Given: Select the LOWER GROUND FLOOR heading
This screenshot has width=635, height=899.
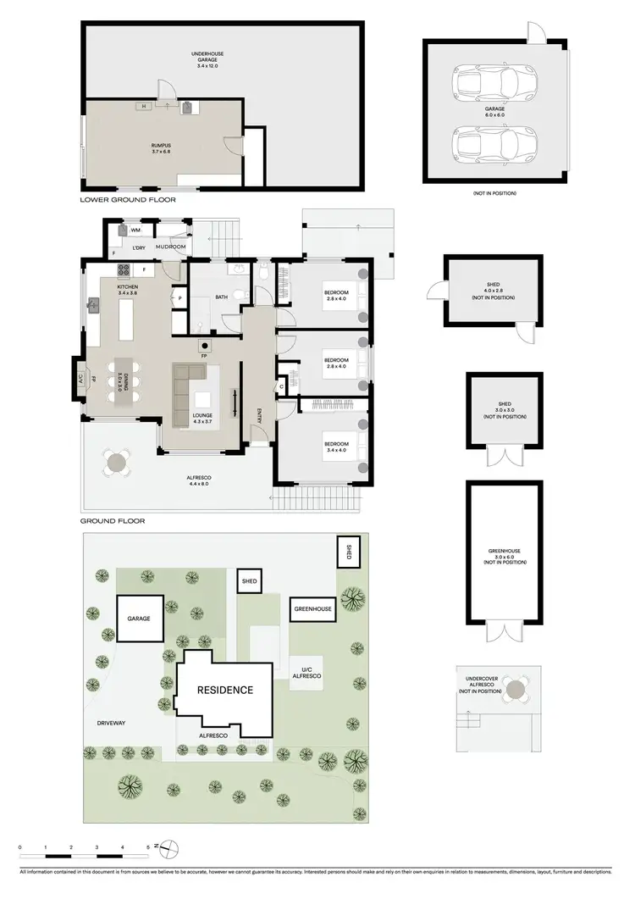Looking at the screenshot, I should pyautogui.click(x=128, y=201).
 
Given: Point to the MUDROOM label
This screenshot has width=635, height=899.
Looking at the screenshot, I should pyautogui.click(x=170, y=247).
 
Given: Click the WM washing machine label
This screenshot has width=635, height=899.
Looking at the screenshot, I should pyautogui.click(x=135, y=230).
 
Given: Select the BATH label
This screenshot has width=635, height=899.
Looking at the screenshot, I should pyautogui.click(x=222, y=297).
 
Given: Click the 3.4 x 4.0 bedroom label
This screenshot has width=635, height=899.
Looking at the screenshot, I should pyautogui.click(x=336, y=447).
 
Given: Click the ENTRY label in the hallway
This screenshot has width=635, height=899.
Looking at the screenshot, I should pyautogui.click(x=261, y=414).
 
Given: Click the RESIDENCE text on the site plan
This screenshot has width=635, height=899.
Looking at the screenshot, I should pyautogui.click(x=225, y=690).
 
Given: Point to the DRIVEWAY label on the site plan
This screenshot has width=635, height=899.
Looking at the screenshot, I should pyautogui.click(x=111, y=723).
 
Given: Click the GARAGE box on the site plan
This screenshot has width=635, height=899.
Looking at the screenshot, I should pyautogui.click(x=139, y=619).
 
